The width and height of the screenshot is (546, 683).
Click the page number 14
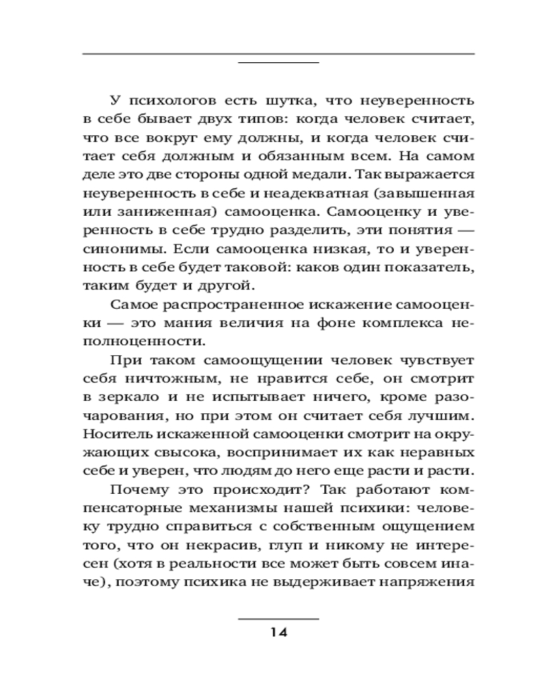tap(278, 632)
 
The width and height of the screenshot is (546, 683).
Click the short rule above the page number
tap(278, 618)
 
